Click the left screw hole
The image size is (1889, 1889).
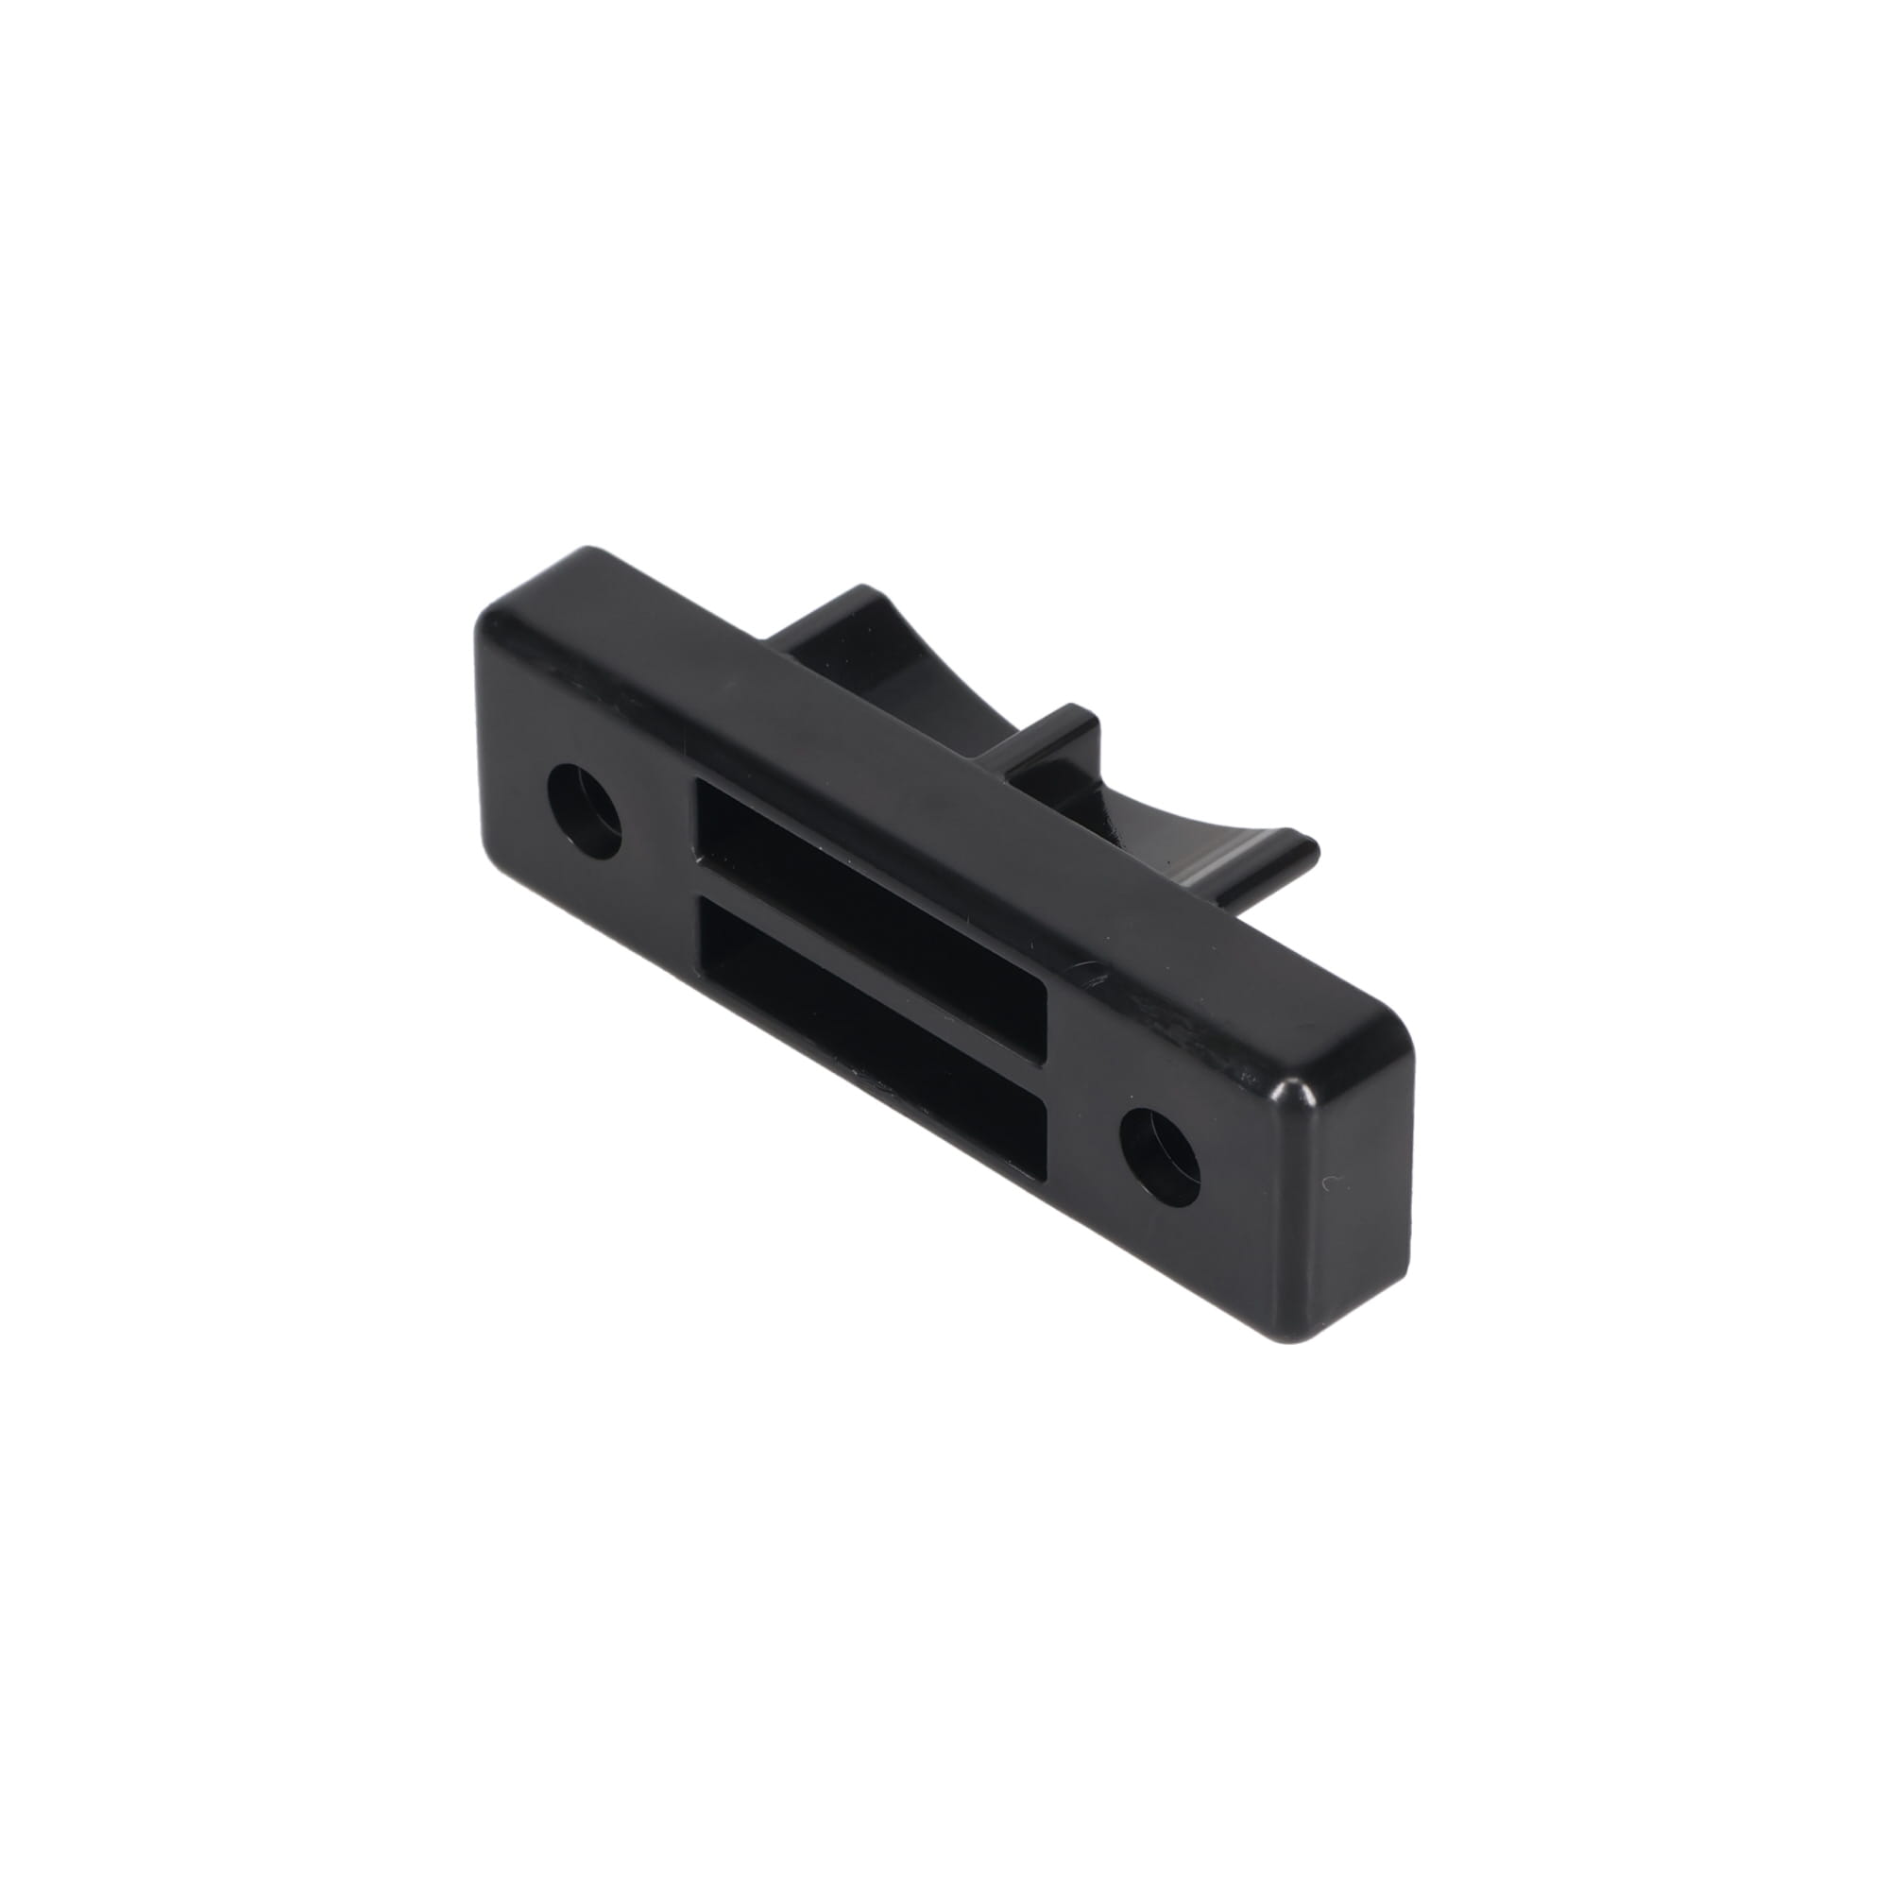point(585,810)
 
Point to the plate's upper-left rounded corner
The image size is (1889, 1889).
point(495,616)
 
